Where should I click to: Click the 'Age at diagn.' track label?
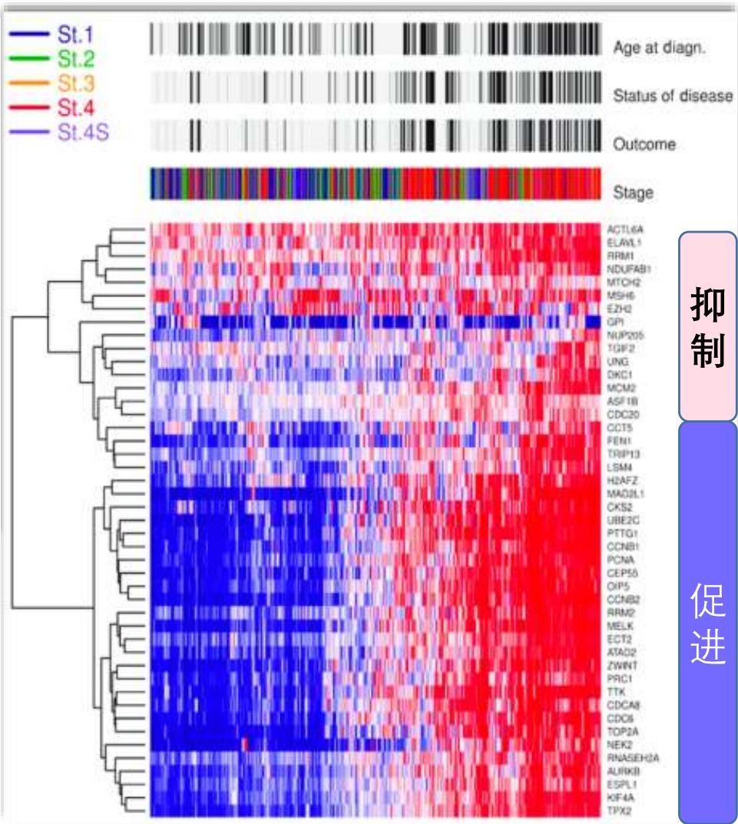point(659,48)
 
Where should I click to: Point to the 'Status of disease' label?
point(673,97)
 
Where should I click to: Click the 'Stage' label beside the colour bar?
point(633,193)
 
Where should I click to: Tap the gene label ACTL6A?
point(624,229)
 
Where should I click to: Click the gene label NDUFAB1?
point(628,270)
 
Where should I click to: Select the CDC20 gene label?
point(621,415)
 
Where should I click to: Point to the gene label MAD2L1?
point(625,494)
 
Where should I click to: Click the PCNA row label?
point(619,560)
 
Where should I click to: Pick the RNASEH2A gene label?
point(630,758)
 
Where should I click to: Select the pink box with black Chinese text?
point(707,326)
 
